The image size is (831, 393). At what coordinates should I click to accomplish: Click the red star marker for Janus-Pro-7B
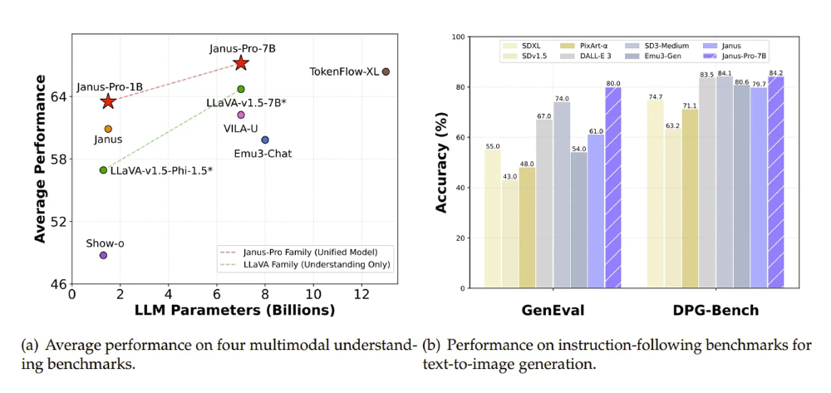click(x=241, y=63)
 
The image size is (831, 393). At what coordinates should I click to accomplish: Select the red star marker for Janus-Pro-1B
click(x=108, y=101)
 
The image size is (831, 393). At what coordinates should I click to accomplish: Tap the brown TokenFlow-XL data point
click(x=386, y=72)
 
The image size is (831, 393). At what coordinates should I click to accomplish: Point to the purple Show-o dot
click(x=103, y=255)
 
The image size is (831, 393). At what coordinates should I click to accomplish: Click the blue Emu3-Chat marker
click(x=265, y=140)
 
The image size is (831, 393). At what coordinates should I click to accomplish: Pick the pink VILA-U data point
click(x=241, y=115)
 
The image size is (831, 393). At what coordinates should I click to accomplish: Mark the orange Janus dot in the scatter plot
click(x=108, y=129)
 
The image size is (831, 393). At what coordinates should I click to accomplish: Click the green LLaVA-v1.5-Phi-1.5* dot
click(x=103, y=170)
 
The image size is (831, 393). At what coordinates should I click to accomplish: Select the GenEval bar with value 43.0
click(x=509, y=234)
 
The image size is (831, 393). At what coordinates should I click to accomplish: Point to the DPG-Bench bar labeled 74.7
click(x=656, y=194)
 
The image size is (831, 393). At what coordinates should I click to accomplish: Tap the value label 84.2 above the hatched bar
click(x=776, y=73)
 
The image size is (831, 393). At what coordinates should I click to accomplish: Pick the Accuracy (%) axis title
click(x=443, y=163)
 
